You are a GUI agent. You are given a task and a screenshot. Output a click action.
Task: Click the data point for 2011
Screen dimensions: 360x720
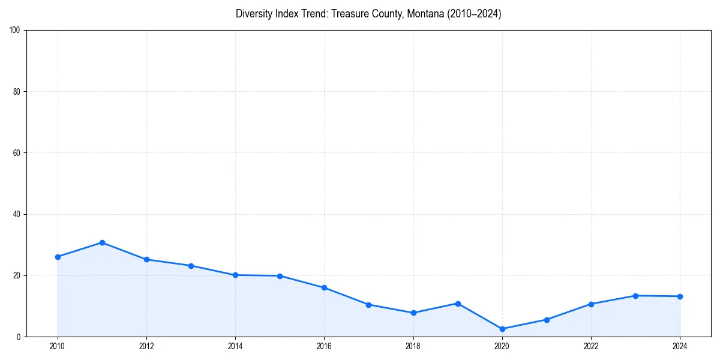[x=102, y=242]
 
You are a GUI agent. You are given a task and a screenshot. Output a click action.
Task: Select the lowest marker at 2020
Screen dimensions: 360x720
[x=502, y=329]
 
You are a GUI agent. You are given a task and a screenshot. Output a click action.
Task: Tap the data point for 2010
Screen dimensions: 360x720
[x=58, y=257]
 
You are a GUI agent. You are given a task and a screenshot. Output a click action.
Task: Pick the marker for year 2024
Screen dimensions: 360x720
[x=680, y=296]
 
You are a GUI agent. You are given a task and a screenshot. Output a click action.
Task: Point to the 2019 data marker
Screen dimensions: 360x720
[x=458, y=304]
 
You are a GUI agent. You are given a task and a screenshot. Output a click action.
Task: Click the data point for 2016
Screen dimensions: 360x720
[x=324, y=287]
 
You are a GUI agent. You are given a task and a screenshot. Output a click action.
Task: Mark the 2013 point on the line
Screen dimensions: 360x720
[x=191, y=265]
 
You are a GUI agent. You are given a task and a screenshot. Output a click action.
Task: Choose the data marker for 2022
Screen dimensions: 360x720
[x=591, y=304]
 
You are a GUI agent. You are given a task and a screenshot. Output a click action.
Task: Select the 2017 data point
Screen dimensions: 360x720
[x=368, y=305]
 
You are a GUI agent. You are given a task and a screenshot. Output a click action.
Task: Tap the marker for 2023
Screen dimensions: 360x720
[x=635, y=296]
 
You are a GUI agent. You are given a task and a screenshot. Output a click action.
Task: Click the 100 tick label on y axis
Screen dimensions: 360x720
[x=15, y=30]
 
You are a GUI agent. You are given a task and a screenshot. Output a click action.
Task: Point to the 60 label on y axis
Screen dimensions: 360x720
[x=17, y=153]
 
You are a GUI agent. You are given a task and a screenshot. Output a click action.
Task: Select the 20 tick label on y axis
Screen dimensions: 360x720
[x=17, y=275]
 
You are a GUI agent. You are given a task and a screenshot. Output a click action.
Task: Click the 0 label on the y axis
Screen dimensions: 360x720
[x=19, y=337]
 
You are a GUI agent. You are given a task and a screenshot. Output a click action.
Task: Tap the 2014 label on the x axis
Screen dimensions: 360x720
[x=235, y=346]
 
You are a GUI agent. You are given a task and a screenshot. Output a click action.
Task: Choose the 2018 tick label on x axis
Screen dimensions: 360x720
[x=413, y=346]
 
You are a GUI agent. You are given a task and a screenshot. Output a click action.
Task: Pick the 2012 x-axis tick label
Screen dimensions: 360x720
[x=146, y=346]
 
